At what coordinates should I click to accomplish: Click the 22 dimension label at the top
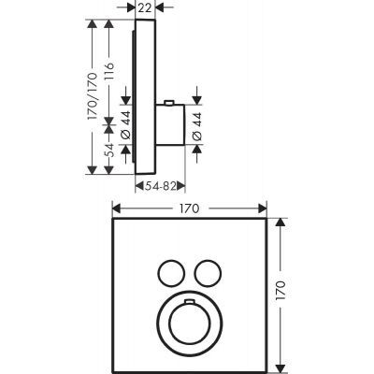point(144,7)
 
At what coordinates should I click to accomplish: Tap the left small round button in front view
point(169,272)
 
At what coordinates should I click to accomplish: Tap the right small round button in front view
point(209,272)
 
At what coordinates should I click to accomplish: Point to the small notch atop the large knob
point(189,302)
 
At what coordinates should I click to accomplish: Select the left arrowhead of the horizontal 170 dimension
point(116,209)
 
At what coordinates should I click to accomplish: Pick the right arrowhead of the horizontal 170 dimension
point(264,209)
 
